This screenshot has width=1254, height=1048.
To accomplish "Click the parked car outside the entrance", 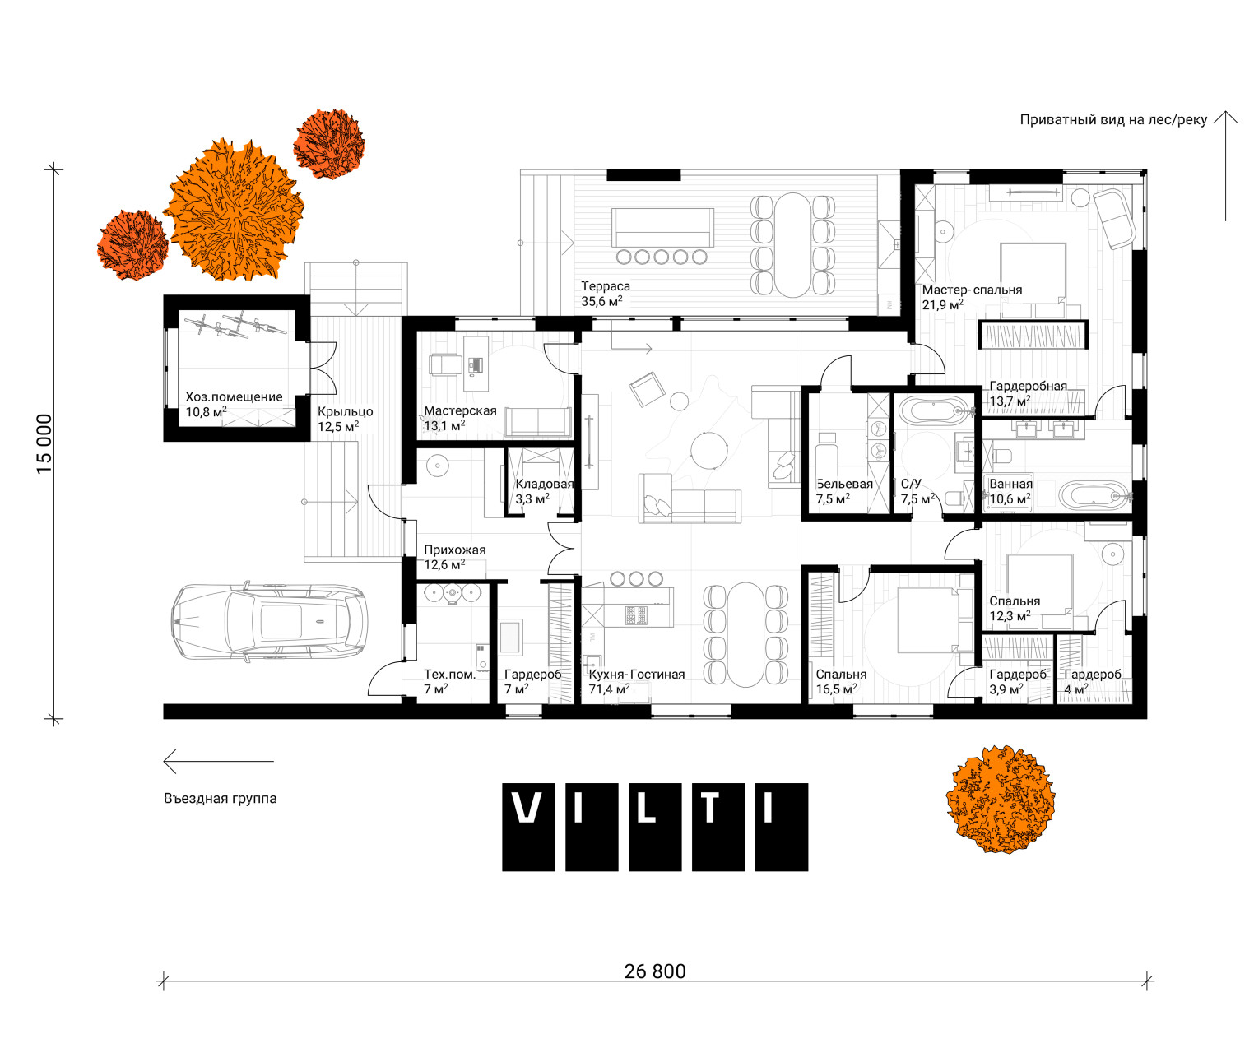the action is click(x=269, y=622).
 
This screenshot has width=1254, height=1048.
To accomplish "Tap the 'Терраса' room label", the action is click(x=605, y=286).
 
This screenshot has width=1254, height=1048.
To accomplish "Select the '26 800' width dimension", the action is click(x=655, y=971).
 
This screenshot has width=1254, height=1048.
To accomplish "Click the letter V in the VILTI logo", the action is click(x=527, y=809).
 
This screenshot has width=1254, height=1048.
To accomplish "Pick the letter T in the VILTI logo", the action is click(x=710, y=809).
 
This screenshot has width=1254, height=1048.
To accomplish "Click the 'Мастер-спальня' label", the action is click(x=972, y=290).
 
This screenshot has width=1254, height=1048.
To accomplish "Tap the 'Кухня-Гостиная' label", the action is click(x=636, y=674).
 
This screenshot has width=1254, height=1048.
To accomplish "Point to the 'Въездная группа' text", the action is click(x=220, y=798).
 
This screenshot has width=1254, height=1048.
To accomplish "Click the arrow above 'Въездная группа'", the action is click(x=218, y=761).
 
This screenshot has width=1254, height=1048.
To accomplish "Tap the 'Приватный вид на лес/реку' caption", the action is click(x=1113, y=119).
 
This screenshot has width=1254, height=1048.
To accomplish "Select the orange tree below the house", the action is click(x=1000, y=799).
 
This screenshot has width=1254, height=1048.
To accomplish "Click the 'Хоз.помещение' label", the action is click(x=234, y=396).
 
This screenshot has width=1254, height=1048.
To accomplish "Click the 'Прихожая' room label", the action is click(x=455, y=550).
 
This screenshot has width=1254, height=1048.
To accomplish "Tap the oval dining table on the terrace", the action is click(x=792, y=245).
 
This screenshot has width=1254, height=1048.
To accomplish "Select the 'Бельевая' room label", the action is click(x=843, y=484).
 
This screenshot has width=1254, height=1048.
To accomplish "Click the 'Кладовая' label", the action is click(x=544, y=484).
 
